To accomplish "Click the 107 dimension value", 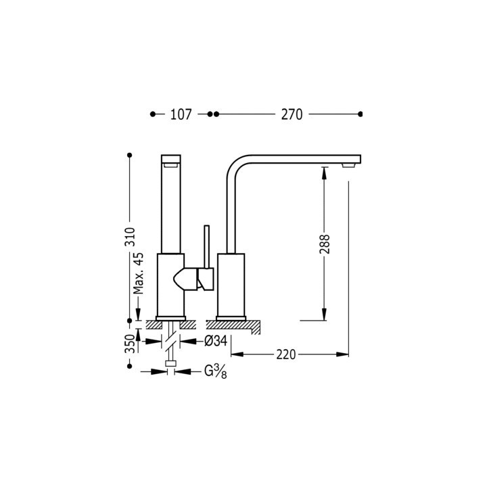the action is click(181, 114).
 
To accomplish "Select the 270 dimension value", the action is click(292, 114).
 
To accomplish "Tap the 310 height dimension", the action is click(130, 237).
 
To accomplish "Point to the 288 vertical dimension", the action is click(325, 244).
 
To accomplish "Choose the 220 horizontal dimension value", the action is click(286, 354).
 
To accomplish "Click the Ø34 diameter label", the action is click(216, 341).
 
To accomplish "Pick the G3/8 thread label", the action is click(216, 371).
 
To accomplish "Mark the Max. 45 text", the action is click(139, 273).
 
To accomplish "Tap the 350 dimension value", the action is click(130, 344).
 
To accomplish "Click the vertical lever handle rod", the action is click(206, 247).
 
